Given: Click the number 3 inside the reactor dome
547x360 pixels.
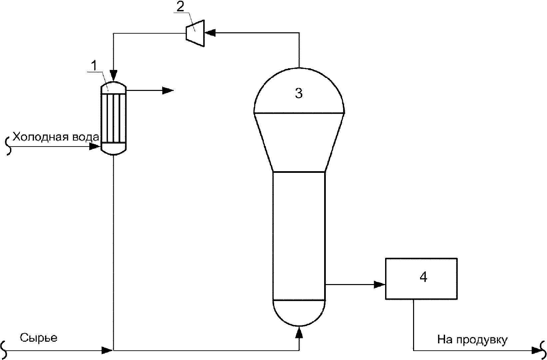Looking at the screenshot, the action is coord(299,93).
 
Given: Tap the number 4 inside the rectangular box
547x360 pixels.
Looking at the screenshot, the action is coord(423,277).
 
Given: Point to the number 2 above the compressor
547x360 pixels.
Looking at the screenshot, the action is coord(180,7).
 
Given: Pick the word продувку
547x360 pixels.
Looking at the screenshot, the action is coord(482,340).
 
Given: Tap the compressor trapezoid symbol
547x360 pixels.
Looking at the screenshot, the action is coord(195,33).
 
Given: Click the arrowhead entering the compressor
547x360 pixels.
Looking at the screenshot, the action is coord(210,33).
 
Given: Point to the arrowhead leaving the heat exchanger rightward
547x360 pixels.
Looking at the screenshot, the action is coord(168,91).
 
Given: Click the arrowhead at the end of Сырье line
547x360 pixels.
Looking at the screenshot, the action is coord(107,351).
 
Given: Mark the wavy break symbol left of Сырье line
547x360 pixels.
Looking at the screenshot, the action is coord(4,350).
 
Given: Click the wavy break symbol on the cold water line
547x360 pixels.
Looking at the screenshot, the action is coord(9,146).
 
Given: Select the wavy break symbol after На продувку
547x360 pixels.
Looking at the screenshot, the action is coord(543,350).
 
